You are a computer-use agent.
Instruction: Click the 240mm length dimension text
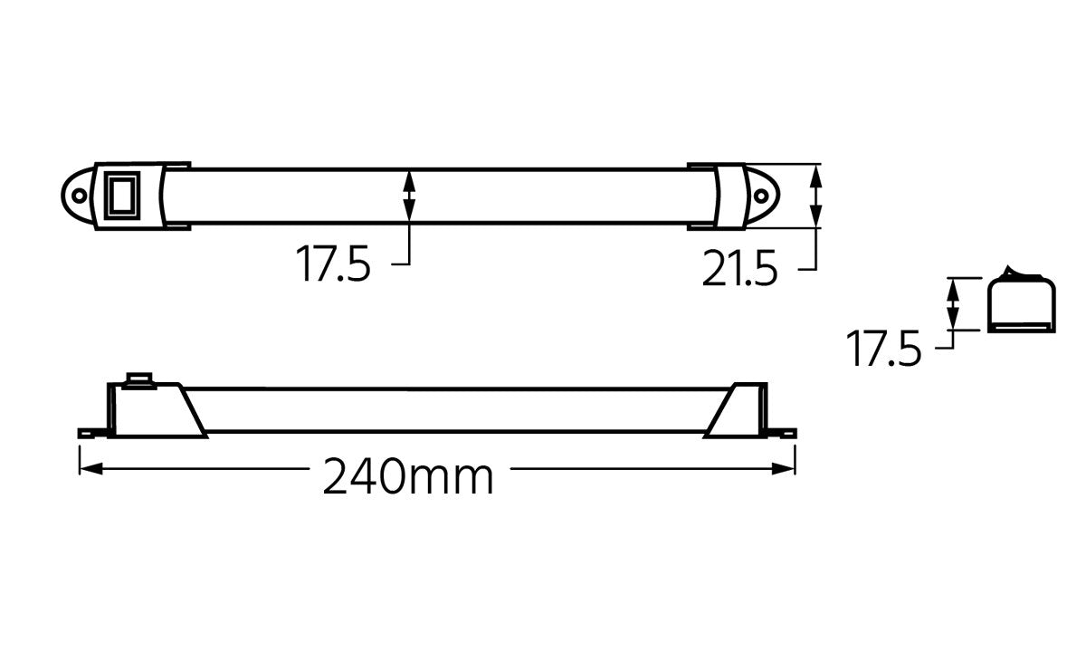(409, 476)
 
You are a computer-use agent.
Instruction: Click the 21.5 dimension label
(739, 269)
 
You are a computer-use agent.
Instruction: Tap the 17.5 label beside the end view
(883, 349)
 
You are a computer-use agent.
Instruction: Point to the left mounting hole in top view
(80, 195)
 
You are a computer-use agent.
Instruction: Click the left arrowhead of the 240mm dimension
(87, 468)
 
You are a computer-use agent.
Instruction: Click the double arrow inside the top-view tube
(409, 195)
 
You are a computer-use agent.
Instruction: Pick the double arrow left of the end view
(952, 304)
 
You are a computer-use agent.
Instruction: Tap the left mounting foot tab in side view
(88, 433)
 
